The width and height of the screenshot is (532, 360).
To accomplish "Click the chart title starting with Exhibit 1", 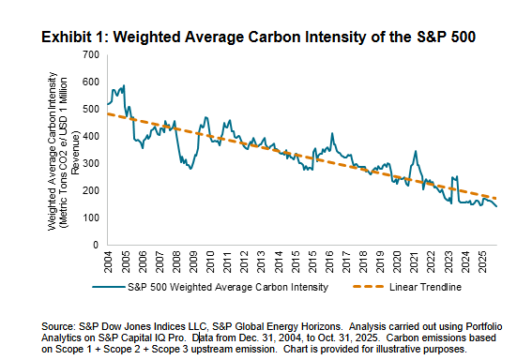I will point(258,38).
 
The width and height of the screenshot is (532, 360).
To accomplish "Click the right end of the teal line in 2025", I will point(496,206).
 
